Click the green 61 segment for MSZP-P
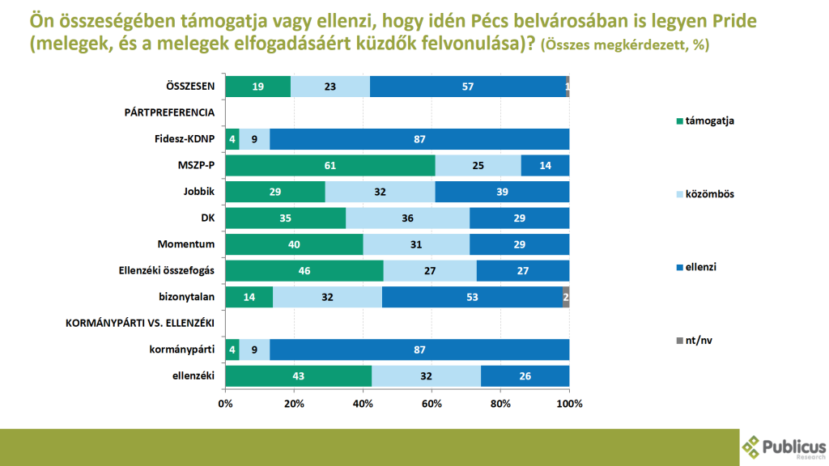[x=330, y=166]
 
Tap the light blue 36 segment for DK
[x=407, y=218]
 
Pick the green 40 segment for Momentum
[x=294, y=244]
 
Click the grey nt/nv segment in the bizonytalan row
[x=566, y=297]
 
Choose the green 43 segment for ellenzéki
[x=299, y=376]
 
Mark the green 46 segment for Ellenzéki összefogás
[x=304, y=271]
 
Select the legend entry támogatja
[x=708, y=121]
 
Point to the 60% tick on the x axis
[x=432, y=402]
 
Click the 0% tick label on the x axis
[x=225, y=402]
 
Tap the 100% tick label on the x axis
[x=569, y=402]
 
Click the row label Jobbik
[x=198, y=192]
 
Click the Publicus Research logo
[x=784, y=447]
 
